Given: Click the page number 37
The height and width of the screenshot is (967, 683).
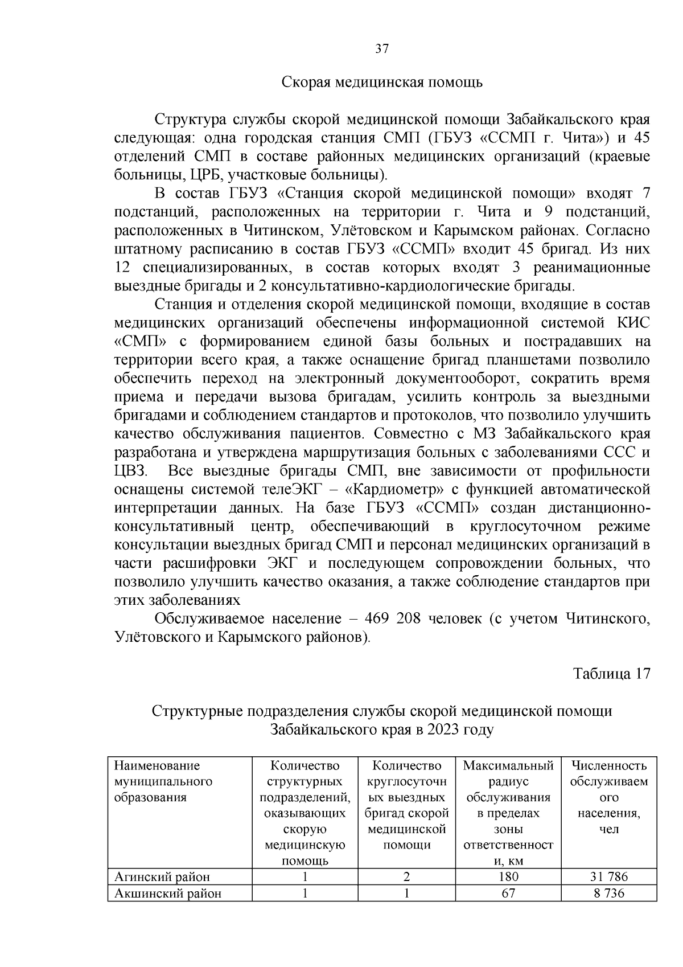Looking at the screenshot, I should tap(382, 49).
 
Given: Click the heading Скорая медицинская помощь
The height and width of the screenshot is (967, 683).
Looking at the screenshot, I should tap(382, 83).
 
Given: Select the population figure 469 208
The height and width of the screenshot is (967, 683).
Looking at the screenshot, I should tap(392, 618).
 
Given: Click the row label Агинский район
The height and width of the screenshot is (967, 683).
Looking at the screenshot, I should tap(162, 877).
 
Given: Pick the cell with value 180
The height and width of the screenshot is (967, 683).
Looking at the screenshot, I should tap(508, 877).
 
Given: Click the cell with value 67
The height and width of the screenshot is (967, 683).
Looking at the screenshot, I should tap(508, 893).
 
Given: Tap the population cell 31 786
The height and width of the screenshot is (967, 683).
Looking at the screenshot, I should tap(608, 877).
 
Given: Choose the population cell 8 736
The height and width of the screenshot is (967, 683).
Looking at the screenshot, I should tap(608, 893).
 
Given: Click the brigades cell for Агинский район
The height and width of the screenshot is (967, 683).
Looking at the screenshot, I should tap(406, 877).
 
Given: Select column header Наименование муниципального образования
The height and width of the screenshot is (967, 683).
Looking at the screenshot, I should tap(163, 781).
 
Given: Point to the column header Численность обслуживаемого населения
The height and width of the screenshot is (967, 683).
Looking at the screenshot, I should tap(608, 797).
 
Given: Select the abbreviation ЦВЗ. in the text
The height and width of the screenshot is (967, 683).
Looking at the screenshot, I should tap(131, 471).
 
